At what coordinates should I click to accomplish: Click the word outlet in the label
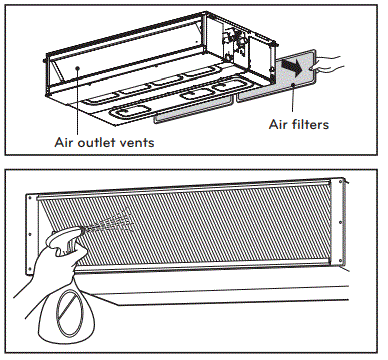[103, 142]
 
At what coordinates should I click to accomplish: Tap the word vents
[141, 142]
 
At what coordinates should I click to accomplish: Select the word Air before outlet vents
[67, 142]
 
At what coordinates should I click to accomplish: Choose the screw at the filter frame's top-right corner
[343, 182]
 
